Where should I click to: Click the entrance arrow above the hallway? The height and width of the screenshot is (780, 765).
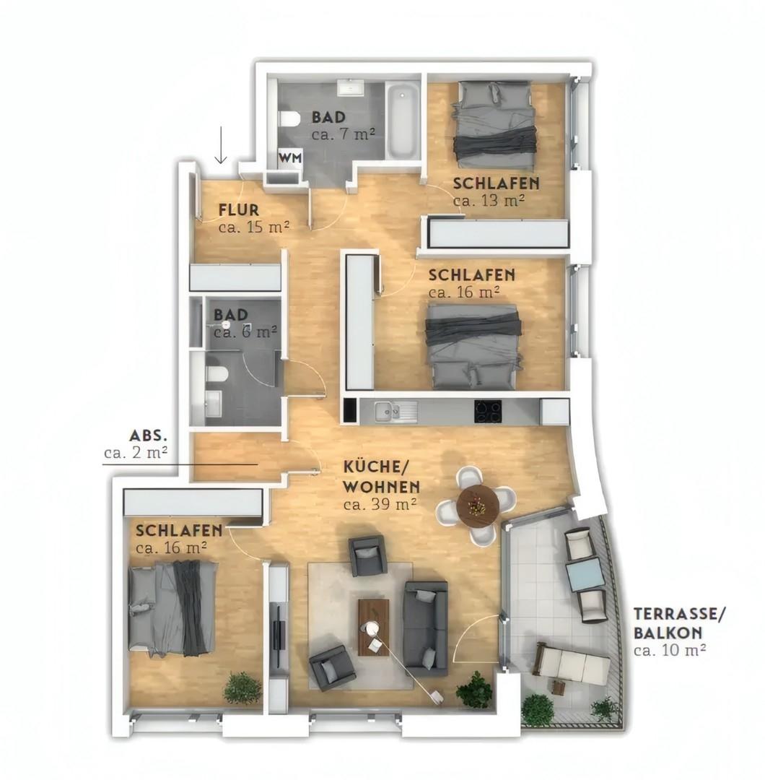click(221, 145)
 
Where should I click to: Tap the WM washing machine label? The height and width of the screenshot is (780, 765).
click(290, 157)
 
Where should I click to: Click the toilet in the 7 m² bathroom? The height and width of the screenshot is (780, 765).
click(289, 119)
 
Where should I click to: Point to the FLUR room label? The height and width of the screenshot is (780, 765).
click(239, 210)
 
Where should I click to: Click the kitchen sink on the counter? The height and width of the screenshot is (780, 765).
click(388, 411)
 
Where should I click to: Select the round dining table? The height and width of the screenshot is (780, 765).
click(478, 505)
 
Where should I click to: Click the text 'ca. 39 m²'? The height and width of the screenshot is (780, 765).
click(380, 504)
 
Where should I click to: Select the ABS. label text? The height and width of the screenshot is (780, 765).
click(149, 435)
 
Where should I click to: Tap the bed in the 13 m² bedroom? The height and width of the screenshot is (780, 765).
click(494, 124)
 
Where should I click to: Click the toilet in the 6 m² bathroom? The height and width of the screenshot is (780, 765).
click(217, 374)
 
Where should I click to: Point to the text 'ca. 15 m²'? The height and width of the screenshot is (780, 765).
click(253, 227)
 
